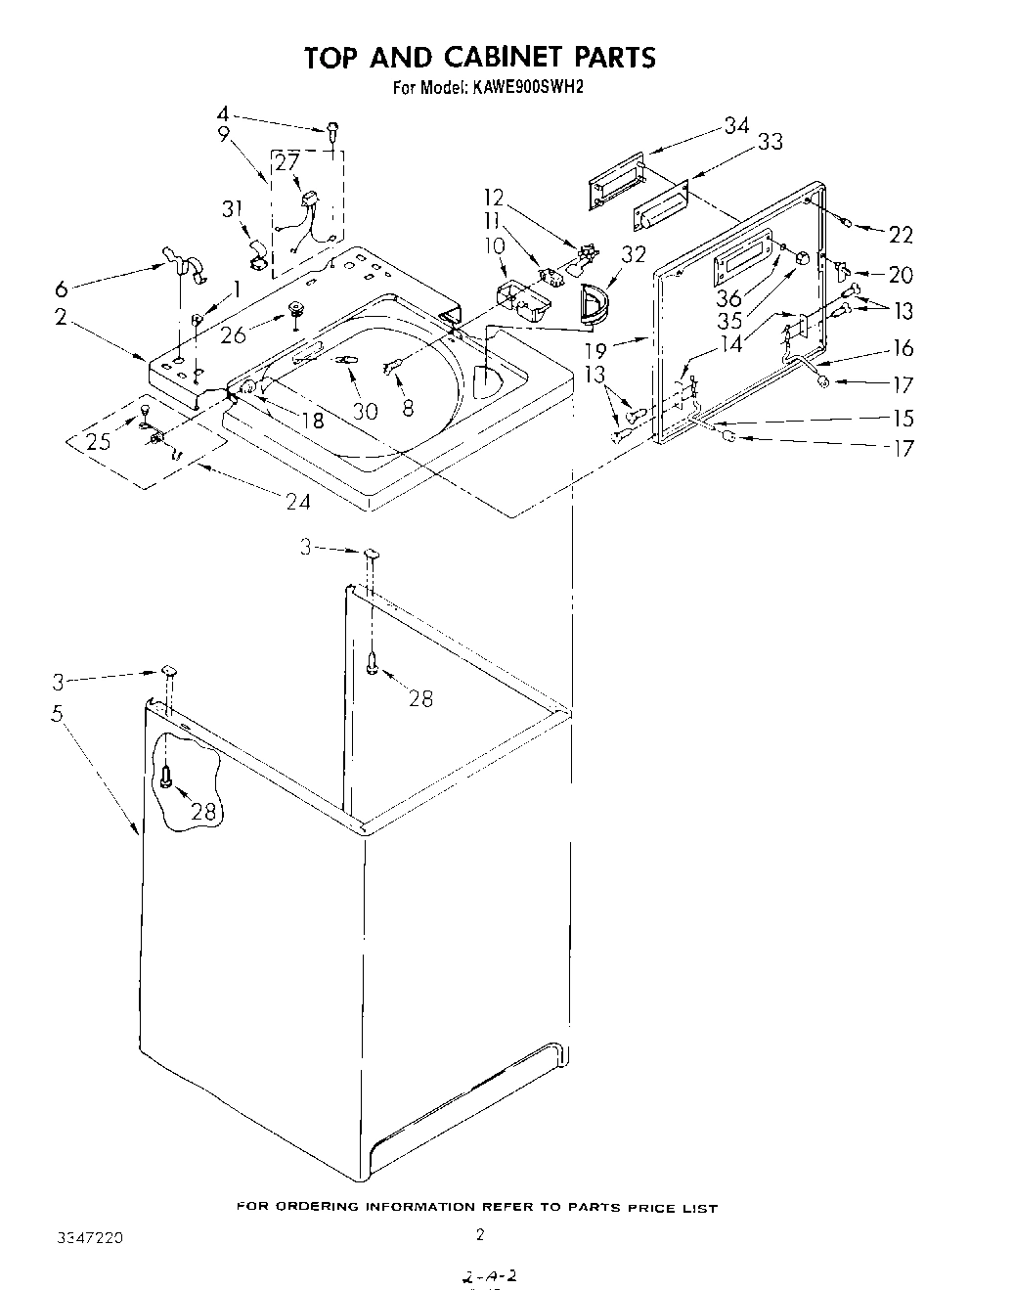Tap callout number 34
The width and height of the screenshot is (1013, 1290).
click(736, 126)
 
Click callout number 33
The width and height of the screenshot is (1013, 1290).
click(770, 142)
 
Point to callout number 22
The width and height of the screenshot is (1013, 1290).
click(900, 234)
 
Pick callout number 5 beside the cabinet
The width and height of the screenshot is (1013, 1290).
click(58, 714)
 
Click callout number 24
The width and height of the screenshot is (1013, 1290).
click(297, 501)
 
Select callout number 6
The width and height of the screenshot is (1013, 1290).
click(63, 289)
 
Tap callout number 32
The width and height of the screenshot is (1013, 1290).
click(634, 254)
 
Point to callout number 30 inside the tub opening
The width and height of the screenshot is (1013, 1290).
click(365, 411)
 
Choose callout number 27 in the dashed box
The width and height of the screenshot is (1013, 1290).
click(286, 162)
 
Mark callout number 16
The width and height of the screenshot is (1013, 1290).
click(903, 348)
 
